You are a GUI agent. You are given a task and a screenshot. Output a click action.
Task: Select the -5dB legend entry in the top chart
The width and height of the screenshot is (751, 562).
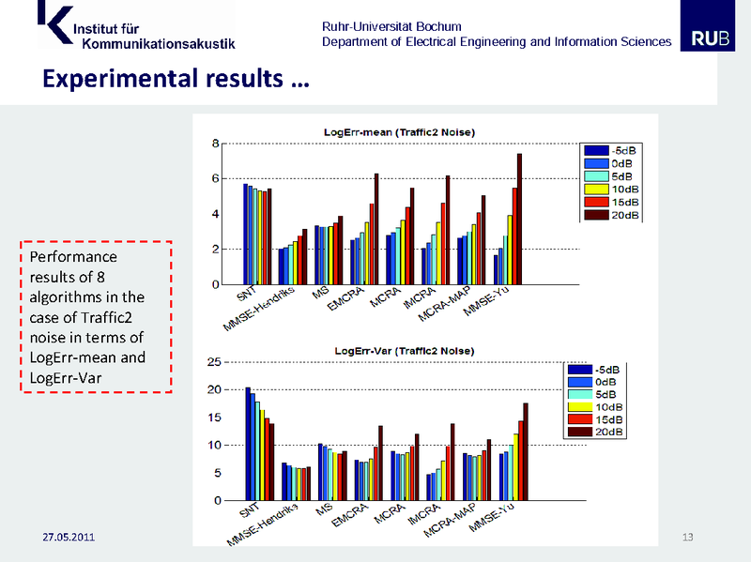click(x=612, y=150)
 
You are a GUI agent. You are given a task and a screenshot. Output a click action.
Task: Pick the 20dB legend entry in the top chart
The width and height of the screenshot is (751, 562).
click(x=612, y=215)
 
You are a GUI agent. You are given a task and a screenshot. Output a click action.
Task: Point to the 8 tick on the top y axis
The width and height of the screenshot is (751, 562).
click(x=214, y=144)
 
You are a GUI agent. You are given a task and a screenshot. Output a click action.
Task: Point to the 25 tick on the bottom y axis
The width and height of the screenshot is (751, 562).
click(x=212, y=362)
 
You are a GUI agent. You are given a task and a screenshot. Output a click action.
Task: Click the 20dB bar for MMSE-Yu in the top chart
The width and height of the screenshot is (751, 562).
click(x=519, y=219)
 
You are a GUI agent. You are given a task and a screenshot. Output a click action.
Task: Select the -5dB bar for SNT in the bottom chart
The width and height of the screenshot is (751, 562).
click(x=247, y=444)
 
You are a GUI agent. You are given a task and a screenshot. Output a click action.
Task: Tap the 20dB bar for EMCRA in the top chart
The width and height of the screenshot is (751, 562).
click(x=376, y=229)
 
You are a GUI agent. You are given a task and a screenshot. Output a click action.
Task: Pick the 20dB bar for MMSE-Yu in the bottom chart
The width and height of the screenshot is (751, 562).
click(x=526, y=451)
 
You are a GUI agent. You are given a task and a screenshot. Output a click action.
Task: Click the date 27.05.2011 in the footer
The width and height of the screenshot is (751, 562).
click(x=68, y=538)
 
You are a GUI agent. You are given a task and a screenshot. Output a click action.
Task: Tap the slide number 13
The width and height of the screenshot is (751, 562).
click(x=687, y=537)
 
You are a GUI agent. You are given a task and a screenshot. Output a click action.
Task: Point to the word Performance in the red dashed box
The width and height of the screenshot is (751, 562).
click(x=73, y=256)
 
